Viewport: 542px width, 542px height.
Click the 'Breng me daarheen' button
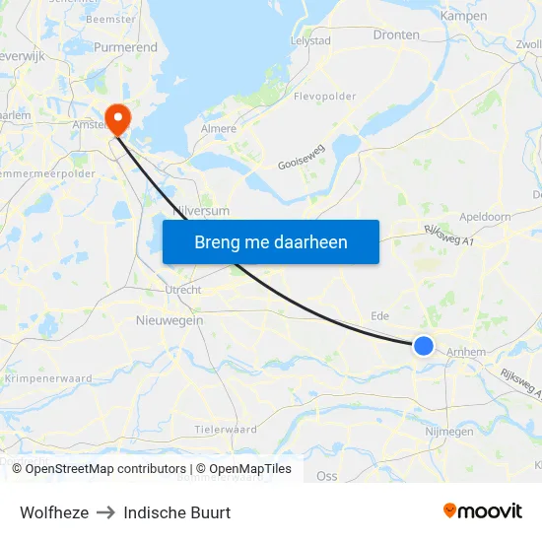(271, 241)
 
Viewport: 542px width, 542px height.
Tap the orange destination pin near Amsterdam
(118, 118)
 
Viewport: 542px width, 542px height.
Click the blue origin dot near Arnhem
(423, 345)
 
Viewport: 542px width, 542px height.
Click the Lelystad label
(310, 41)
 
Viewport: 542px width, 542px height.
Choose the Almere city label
(219, 129)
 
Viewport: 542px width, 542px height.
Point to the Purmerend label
(125, 47)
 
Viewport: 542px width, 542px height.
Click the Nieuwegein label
(169, 320)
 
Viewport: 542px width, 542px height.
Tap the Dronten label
(396, 34)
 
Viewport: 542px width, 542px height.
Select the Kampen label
(463, 16)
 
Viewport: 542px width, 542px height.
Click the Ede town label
(379, 316)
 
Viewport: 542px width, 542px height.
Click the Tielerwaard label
(226, 430)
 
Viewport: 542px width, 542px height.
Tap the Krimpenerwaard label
(48, 378)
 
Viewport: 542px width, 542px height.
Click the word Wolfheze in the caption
(54, 512)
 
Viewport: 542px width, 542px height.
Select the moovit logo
(482, 511)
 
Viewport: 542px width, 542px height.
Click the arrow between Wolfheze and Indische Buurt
(106, 512)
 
